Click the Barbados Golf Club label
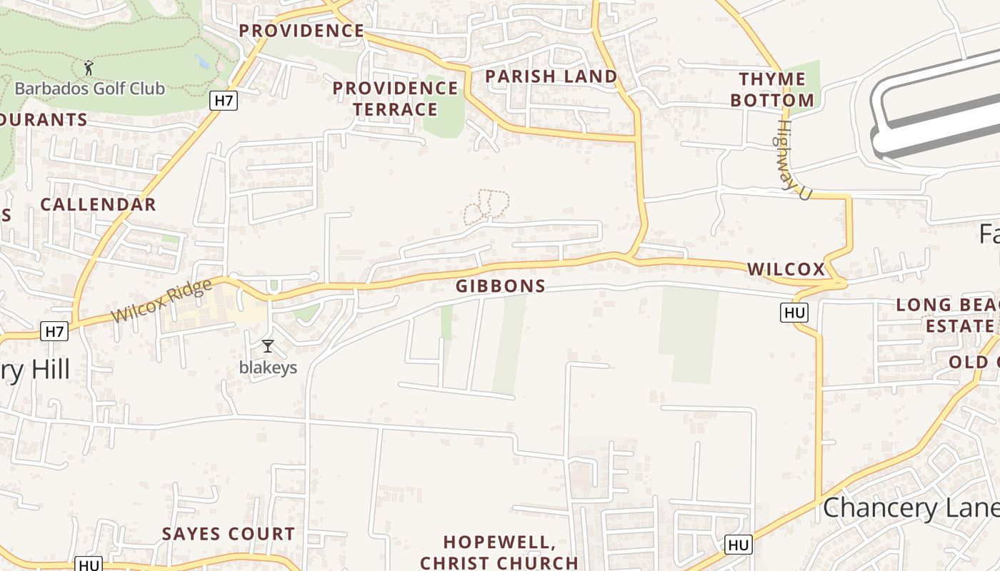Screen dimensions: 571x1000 [90, 89]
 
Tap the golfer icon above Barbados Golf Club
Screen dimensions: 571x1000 [89, 68]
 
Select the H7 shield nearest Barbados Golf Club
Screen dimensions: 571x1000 [224, 101]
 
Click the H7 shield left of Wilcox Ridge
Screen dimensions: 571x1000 [55, 331]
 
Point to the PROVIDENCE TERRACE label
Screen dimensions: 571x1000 [395, 98]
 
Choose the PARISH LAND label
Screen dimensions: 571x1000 [551, 76]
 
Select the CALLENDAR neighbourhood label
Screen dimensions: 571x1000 [98, 205]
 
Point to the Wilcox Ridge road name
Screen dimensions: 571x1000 [162, 300]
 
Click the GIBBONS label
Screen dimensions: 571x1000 [501, 286]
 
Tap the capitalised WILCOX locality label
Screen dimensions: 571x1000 [786, 269]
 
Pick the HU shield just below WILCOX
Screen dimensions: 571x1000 [795, 313]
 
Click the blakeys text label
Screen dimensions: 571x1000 [268, 368]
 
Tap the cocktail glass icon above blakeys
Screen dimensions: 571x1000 [268, 346]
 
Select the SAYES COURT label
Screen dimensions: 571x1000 [228, 534]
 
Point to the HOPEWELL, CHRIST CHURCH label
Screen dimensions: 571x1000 [499, 552]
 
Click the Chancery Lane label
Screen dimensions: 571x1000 [911, 508]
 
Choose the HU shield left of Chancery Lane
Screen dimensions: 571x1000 [739, 545]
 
